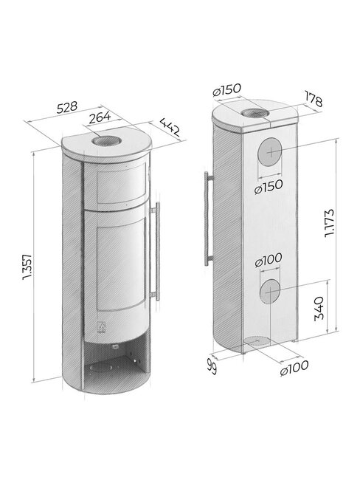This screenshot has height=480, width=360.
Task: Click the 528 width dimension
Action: (67, 107)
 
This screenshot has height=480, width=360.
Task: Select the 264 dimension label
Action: (100, 117)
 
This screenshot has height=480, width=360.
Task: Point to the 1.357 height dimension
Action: (27, 267)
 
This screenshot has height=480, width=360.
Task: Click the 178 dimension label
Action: (314, 98)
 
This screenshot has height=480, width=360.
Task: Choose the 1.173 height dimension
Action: (329, 223)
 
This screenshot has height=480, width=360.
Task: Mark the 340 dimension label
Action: (319, 308)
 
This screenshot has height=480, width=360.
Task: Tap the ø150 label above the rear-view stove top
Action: (227, 90)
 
